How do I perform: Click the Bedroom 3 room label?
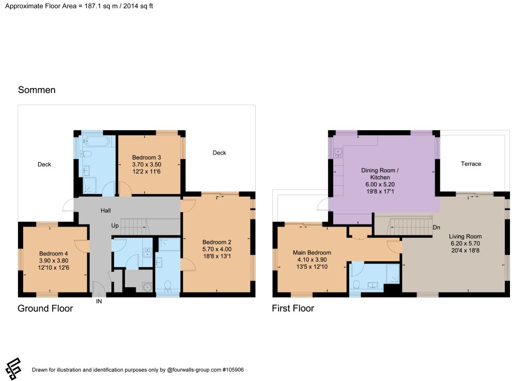pos(146,158)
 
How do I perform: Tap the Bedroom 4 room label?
pos(54,253)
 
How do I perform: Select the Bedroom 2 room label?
pos(217,242)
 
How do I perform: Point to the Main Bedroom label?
pos(312,253)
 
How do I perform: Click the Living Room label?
pos(465,236)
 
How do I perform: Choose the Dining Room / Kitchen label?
pos(380,174)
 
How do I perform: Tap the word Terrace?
pos(471,164)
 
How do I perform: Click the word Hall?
pos(105,211)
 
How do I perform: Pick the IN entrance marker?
pos(99,301)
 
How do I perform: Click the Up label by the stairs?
pos(115,226)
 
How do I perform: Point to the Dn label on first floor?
pos(436,228)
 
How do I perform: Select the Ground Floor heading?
pos(45,308)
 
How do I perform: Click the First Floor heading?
pos(293,308)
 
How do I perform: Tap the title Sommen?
pos(37,90)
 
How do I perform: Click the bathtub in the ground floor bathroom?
pos(96,141)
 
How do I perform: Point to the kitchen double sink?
pos(338,153)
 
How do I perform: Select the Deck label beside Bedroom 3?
pos(219,153)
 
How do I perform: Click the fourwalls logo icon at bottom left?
pos(13,369)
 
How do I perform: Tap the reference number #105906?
pos(233,370)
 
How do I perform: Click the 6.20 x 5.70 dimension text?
pos(466,244)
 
